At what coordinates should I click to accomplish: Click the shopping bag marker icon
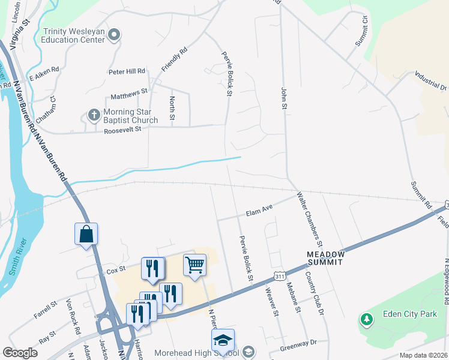tap(86, 234)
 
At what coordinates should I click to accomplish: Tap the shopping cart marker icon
tap(194, 264)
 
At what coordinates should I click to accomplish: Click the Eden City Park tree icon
tap(366, 319)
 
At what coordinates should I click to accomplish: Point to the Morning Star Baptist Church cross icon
tap(94, 114)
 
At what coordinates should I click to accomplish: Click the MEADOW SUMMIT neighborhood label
tap(325, 258)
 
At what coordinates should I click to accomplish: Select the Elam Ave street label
tap(259, 211)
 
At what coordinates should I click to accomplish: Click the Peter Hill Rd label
tap(127, 71)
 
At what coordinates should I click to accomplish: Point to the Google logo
tap(20, 353)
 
